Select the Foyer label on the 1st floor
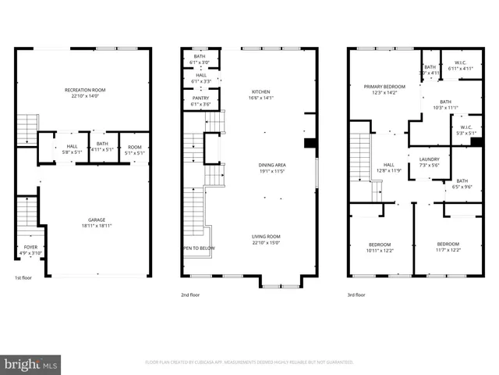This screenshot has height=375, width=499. (30, 249)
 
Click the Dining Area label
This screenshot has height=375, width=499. (272, 166)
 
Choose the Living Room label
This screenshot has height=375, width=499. (266, 238)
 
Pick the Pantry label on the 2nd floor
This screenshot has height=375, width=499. (201, 101)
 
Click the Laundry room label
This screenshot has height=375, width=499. (429, 162)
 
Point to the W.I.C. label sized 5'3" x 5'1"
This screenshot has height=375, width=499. (465, 130)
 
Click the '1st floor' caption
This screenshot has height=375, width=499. (23, 278)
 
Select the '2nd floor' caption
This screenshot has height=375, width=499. (191, 295)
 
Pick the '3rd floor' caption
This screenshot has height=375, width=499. (356, 295)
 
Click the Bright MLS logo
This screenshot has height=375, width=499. (30, 364)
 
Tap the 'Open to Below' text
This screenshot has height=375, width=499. (198, 248)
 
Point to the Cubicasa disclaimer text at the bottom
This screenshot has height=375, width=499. (249, 362)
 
